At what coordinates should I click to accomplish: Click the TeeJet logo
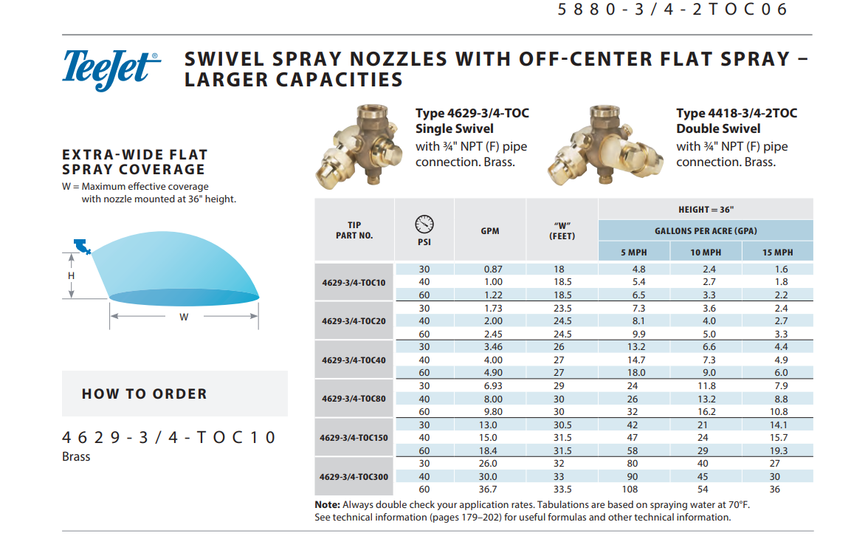pyautogui.click(x=111, y=69)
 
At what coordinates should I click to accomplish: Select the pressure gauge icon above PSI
pyautogui.click(x=424, y=223)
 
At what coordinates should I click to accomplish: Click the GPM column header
pyautogui.click(x=490, y=230)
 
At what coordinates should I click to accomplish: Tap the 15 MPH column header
pyautogui.click(x=777, y=253)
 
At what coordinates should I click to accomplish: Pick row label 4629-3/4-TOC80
pyautogui.click(x=354, y=399)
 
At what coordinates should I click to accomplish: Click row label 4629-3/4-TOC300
pyautogui.click(x=354, y=477)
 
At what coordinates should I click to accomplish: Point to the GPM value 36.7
pyautogui.click(x=489, y=490)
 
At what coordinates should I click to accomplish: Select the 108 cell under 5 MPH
pyautogui.click(x=633, y=490)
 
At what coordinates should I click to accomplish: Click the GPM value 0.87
pyautogui.click(x=492, y=269)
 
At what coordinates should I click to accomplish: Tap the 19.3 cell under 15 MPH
pyautogui.click(x=779, y=450)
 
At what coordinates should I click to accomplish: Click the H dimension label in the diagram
pyautogui.click(x=72, y=275)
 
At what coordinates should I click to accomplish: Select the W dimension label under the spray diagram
pyautogui.click(x=184, y=317)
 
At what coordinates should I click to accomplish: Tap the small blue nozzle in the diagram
pyautogui.click(x=82, y=246)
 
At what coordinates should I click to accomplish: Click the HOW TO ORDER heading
pyautogui.click(x=145, y=394)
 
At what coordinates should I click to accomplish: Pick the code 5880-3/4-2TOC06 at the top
pyautogui.click(x=673, y=10)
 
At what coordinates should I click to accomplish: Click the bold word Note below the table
pyautogui.click(x=327, y=504)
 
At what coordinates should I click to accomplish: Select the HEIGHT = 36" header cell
pyautogui.click(x=706, y=210)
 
